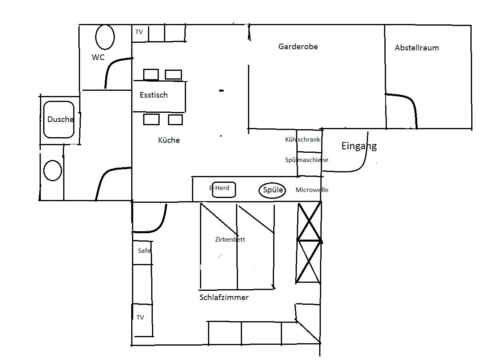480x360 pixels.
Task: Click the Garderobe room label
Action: pos(298,46)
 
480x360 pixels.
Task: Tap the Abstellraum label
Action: pos(416,48)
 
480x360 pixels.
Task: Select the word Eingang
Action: pos(359,146)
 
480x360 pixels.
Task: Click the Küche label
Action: pos(169,140)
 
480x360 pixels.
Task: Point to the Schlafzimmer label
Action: pos(224,297)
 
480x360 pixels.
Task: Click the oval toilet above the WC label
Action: pos(105,37)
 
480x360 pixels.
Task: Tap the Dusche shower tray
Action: pos(59,119)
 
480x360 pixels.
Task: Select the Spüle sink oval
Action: pos(272,190)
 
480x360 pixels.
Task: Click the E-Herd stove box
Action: pos(224,190)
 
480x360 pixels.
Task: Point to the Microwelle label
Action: pos(312,190)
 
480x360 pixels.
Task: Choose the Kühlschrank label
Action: pos(302,140)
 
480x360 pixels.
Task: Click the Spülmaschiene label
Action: pos(306,160)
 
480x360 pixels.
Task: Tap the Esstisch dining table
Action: pos(160,96)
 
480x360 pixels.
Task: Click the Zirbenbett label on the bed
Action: pos(230,240)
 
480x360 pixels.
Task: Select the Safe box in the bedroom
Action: pos(142,253)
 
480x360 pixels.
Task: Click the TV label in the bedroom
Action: pos(140,317)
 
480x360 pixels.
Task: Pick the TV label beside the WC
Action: pos(139,32)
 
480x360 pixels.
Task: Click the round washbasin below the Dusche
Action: pos(52,170)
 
